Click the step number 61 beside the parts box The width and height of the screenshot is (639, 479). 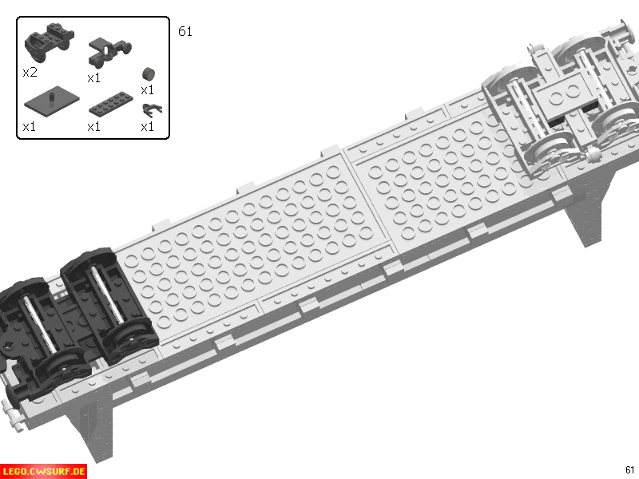point(185,31)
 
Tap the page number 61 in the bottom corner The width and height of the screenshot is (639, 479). point(629,469)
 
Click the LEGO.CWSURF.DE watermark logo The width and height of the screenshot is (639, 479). point(44,472)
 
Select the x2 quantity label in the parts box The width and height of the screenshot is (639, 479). point(30,73)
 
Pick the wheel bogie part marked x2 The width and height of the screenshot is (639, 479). point(50,42)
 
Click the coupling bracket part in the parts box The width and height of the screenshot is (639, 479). point(109,52)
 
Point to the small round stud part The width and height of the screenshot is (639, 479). point(149,73)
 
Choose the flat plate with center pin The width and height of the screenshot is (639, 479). point(52,101)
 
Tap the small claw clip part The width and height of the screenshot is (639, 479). point(151,110)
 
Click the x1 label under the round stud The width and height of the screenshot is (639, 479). point(147,90)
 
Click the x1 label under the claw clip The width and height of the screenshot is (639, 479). point(147,127)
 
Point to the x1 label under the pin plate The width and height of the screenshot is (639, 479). point(30,127)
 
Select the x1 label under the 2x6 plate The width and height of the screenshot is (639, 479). point(93,127)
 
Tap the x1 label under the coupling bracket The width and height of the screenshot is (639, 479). point(93,77)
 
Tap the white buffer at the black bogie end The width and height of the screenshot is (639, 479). point(12,415)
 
